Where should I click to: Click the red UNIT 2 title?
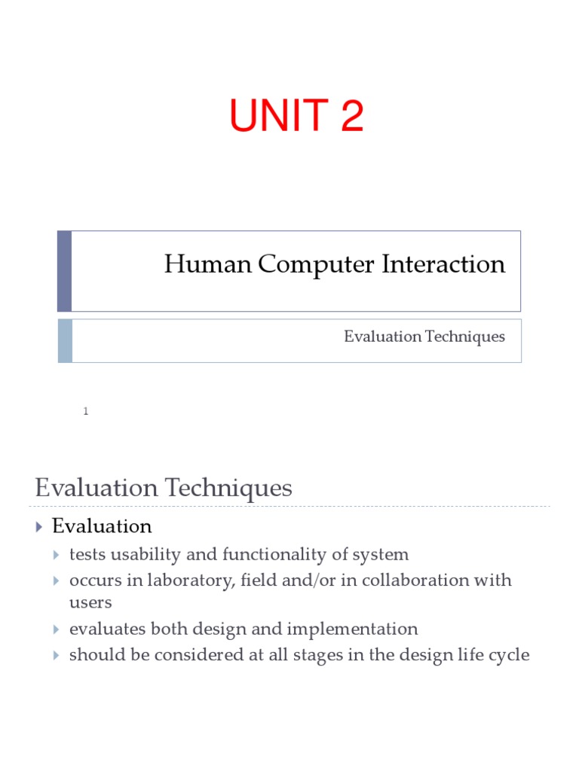(x=296, y=117)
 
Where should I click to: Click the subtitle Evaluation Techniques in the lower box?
(x=424, y=337)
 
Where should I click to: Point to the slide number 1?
(x=86, y=411)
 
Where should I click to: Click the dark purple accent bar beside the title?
(x=65, y=271)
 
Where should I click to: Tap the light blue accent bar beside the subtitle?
(x=65, y=340)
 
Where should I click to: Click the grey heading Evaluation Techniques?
(x=163, y=488)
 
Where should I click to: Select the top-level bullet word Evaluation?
(x=102, y=526)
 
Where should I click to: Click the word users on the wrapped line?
(x=90, y=602)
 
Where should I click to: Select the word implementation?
(x=353, y=629)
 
